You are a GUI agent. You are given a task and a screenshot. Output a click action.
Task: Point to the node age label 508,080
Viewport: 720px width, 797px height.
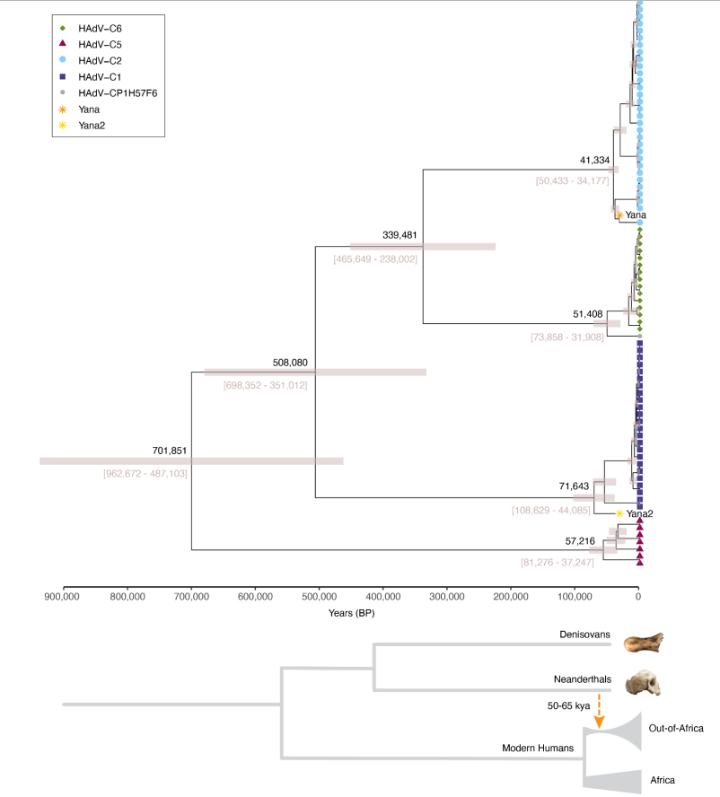pyautogui.click(x=290, y=363)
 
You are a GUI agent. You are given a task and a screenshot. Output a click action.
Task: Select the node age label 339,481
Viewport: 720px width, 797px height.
pyautogui.click(x=400, y=235)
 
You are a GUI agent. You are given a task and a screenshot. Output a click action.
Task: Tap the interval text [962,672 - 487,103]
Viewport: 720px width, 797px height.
pyautogui.click(x=145, y=472)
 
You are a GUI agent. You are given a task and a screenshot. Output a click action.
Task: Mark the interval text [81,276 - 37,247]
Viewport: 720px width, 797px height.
pyautogui.click(x=560, y=562)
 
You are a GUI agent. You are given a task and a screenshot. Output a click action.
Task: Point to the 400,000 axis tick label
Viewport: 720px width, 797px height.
pyautogui.click(x=382, y=594)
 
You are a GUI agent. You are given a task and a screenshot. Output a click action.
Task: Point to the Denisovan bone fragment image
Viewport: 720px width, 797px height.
pyautogui.click(x=644, y=645)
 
